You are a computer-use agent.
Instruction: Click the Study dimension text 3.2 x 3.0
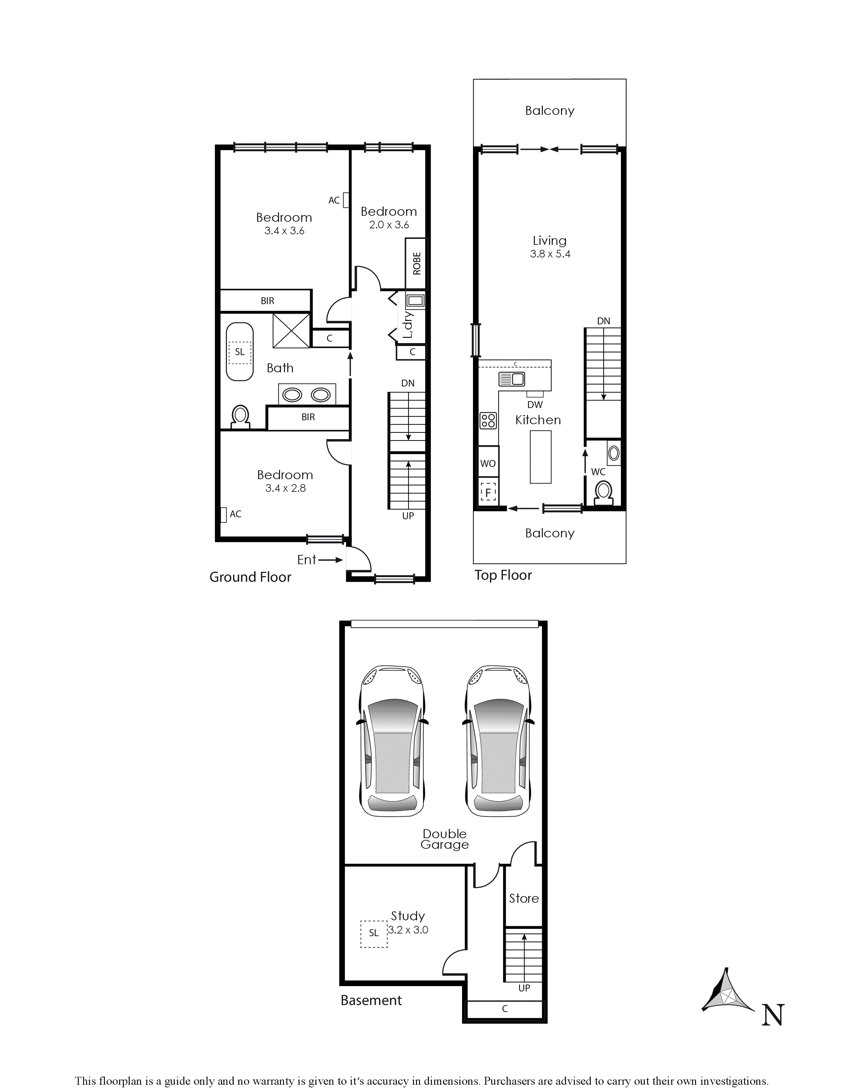(408, 930)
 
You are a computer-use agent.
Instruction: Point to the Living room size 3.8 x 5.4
(550, 254)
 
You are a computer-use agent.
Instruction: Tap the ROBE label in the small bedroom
(416, 263)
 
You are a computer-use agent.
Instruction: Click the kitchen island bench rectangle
(540, 457)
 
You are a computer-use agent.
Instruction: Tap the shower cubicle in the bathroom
(291, 331)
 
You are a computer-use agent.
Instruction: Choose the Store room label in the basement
(524, 898)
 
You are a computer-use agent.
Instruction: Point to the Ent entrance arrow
(330, 560)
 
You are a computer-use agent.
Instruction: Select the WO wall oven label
(488, 464)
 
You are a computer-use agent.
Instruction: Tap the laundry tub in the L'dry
(415, 301)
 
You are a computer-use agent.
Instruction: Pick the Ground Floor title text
(250, 577)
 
